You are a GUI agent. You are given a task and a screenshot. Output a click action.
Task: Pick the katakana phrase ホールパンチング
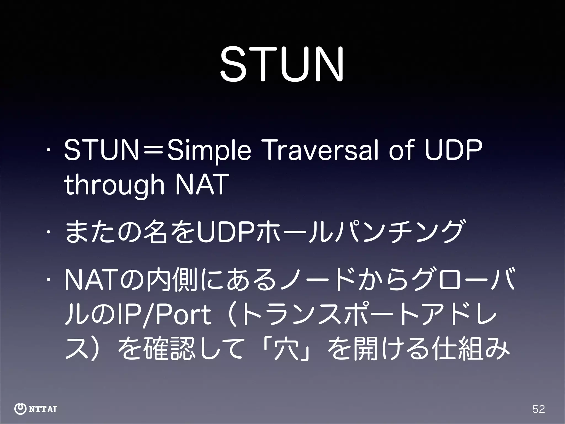pos(359,231)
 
